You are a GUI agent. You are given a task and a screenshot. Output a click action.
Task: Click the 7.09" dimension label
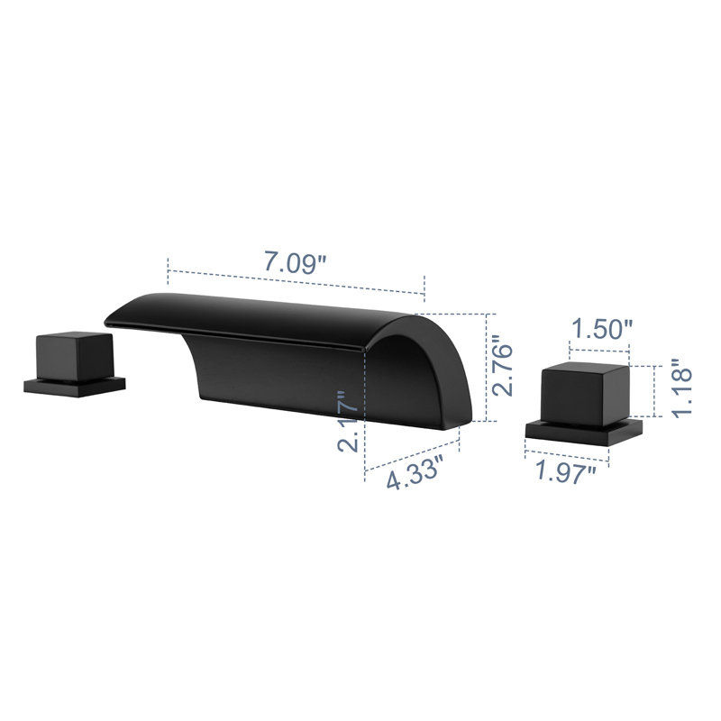click(x=296, y=261)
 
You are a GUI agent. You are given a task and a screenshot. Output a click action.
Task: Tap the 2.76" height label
click(x=502, y=366)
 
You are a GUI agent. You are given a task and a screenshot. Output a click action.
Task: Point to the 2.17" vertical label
click(x=348, y=421)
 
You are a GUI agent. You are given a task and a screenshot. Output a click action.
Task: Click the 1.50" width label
click(x=602, y=329)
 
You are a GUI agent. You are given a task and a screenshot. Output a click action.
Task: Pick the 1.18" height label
click(x=682, y=388)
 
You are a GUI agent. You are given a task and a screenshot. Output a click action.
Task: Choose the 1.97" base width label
click(x=566, y=472)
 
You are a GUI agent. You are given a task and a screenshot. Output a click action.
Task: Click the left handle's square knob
click(x=75, y=356)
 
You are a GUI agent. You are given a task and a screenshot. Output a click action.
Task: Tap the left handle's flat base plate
click(x=75, y=388)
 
